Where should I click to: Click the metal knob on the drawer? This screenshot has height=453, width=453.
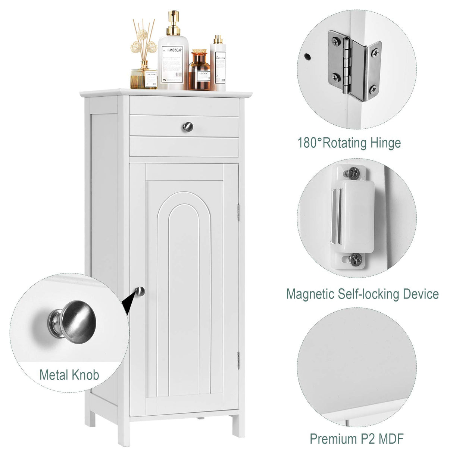tap(187, 127)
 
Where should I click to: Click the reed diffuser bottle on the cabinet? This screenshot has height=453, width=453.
tap(143, 76)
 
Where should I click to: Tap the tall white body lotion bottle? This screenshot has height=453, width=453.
tap(218, 65)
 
